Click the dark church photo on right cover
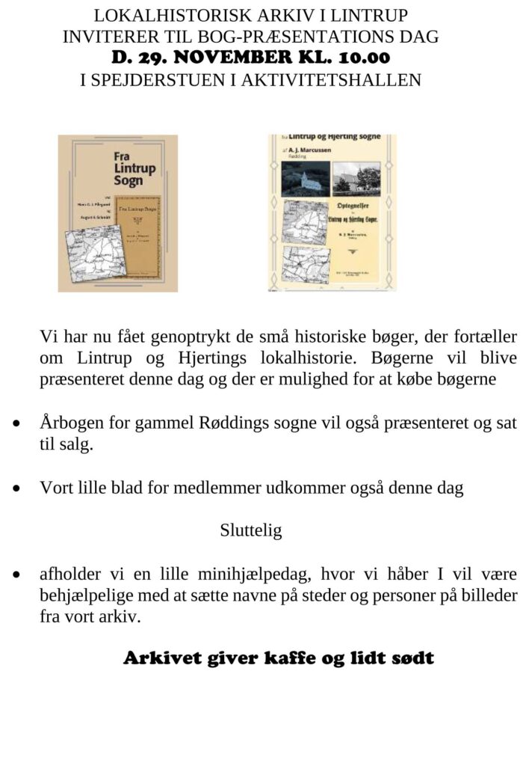[x=304, y=179]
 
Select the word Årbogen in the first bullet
[x=67, y=423]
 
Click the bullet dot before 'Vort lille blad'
[x=16, y=488]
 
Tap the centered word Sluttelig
[x=250, y=531]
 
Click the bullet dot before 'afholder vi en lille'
[x=16, y=576]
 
